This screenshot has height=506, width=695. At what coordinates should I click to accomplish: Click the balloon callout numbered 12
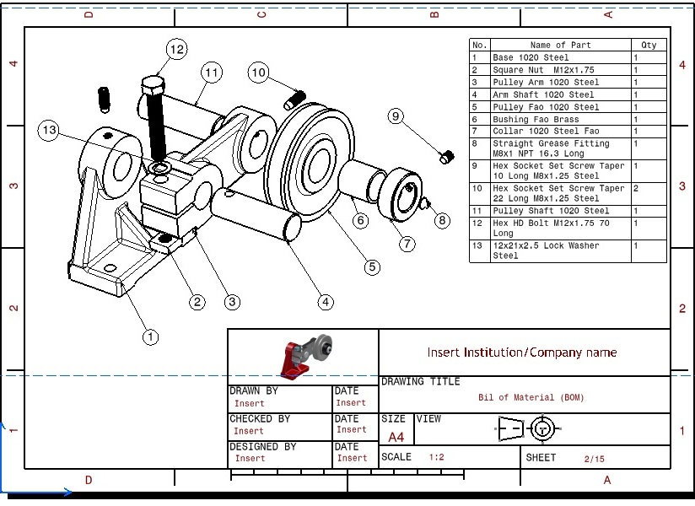(x=176, y=50)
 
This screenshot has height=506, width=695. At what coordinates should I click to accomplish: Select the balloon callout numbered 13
(x=50, y=130)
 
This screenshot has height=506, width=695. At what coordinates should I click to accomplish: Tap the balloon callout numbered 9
(x=396, y=116)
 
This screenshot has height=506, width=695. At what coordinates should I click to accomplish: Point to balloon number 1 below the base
(x=150, y=337)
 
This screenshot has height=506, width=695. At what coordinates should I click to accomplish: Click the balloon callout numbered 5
(x=372, y=267)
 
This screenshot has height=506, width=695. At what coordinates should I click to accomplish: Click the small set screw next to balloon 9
(x=446, y=156)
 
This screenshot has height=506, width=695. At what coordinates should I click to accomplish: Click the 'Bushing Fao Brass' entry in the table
(x=536, y=120)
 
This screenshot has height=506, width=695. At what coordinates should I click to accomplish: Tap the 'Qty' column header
(x=649, y=46)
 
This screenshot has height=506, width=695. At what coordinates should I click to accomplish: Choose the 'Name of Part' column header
(x=560, y=46)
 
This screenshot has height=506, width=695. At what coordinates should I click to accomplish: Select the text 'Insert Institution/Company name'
(x=521, y=353)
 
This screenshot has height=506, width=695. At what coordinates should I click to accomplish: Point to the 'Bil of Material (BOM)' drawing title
(x=531, y=397)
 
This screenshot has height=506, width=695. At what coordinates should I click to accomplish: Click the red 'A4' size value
(x=396, y=438)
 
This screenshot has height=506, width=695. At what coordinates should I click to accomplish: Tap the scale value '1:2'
(x=436, y=457)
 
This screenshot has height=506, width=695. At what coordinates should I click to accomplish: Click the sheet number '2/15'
(x=594, y=459)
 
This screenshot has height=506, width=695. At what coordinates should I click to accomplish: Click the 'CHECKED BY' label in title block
(x=260, y=418)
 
